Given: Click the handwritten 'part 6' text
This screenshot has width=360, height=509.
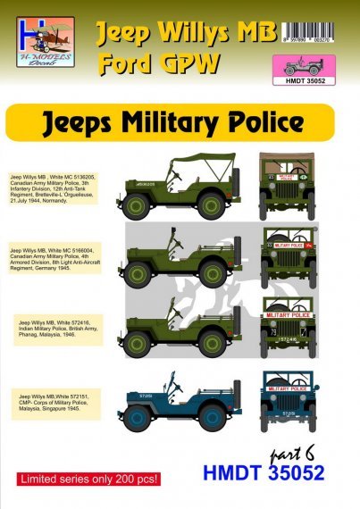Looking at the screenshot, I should pyautogui.click(x=301, y=463).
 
